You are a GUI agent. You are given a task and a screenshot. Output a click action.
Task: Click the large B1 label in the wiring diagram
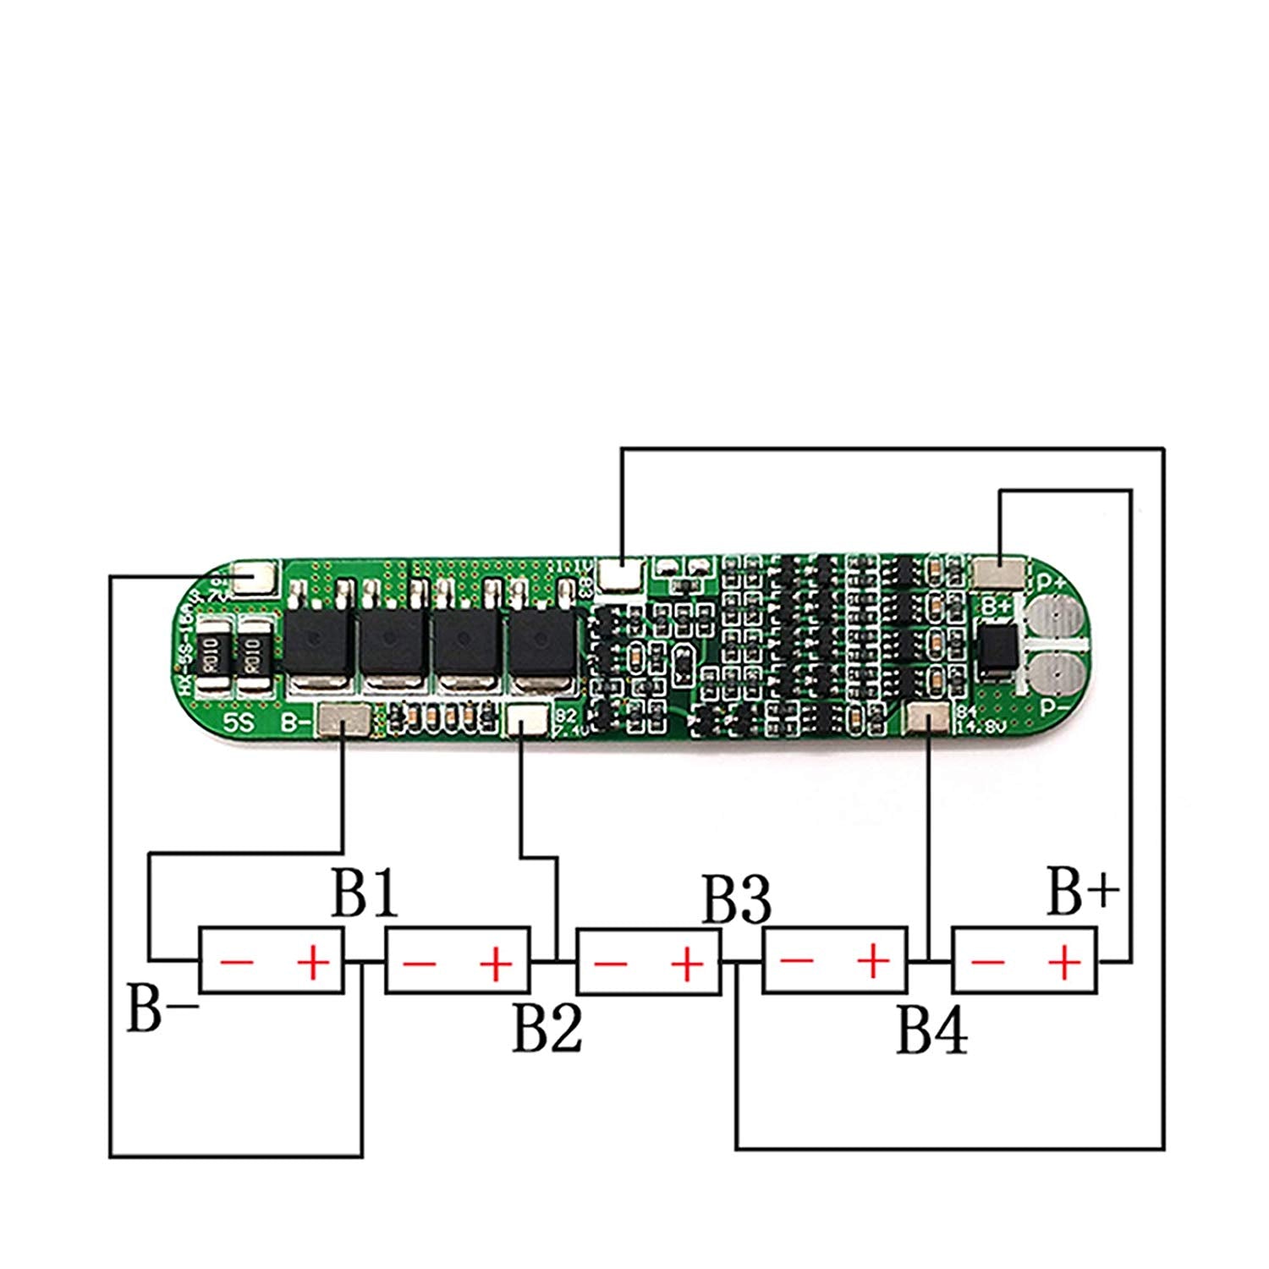[364, 896]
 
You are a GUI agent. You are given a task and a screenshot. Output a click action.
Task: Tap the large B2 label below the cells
[547, 1028]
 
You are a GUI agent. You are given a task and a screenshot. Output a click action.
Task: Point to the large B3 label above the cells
[737, 902]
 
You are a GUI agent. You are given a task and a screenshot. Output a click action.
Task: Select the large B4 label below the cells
[931, 1031]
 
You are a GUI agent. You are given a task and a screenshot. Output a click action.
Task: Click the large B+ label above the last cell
[1083, 893]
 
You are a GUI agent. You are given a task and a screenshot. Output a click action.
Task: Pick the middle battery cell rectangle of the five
[648, 961]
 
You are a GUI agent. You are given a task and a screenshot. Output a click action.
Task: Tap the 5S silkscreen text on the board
[238, 723]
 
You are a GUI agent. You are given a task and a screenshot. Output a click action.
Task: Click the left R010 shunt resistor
[211, 654]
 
